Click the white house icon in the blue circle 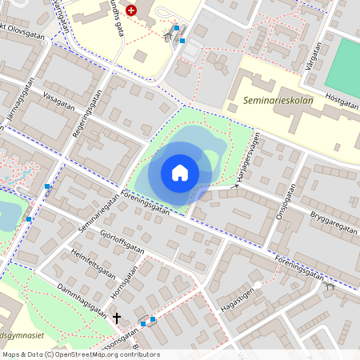179,172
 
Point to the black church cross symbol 117,318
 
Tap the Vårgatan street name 312,57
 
